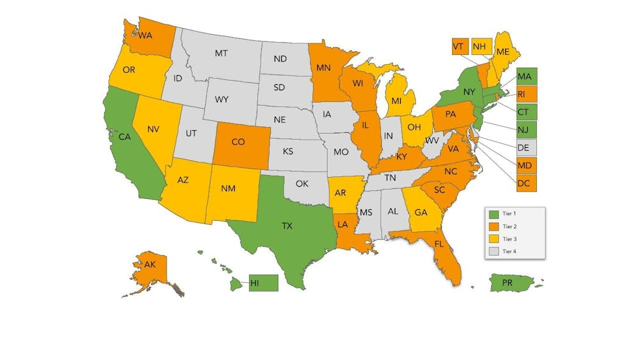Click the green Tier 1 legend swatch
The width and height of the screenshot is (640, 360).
click(495, 214)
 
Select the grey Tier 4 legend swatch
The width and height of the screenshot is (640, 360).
click(495, 251)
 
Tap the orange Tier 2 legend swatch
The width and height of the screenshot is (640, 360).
click(495, 226)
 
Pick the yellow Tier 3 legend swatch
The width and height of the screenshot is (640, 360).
click(495, 239)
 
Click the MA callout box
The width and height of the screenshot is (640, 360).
click(525, 77)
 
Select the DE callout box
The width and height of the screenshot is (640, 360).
click(525, 147)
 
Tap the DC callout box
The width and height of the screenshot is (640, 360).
click(525, 182)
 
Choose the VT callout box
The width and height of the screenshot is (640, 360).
click(459, 46)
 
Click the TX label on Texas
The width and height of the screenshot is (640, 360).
click(287, 226)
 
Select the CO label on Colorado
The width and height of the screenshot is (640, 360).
click(238, 142)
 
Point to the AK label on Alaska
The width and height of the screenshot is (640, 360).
click(150, 264)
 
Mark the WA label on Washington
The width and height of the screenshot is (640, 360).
click(145, 35)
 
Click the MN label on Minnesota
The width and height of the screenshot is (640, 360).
click(323, 68)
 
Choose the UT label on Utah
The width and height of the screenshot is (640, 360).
click(191, 132)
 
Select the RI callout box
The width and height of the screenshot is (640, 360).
click(525, 95)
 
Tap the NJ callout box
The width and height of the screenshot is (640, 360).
click(525, 129)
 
